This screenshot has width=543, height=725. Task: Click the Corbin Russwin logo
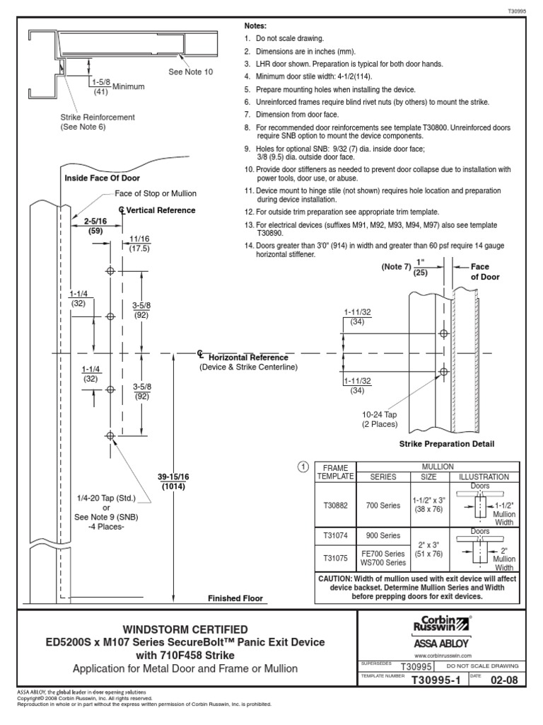pyautogui.click(x=439, y=624)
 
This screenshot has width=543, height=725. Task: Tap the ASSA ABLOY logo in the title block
pyautogui.click(x=439, y=643)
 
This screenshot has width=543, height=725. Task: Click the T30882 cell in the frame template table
pyautogui.click(x=336, y=505)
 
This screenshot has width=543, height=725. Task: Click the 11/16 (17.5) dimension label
pyautogui.click(x=139, y=244)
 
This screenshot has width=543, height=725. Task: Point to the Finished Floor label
pyautogui.click(x=235, y=598)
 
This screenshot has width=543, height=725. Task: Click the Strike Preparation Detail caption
pyautogui.click(x=447, y=444)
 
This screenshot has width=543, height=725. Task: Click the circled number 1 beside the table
pyautogui.click(x=303, y=467)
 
